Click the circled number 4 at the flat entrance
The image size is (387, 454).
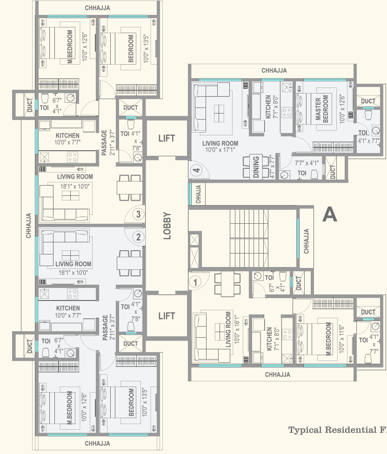(x=197, y=171)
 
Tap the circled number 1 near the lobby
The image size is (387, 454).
(x=196, y=281)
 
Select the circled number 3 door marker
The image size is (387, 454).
(x=138, y=214)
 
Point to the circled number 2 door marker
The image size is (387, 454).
(x=138, y=237)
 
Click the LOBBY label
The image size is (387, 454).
(x=167, y=226)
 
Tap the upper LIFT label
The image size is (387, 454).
(x=167, y=138)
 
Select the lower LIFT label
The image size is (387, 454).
(x=167, y=316)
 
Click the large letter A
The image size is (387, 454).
(x=329, y=214)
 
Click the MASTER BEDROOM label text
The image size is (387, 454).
(x=321, y=109)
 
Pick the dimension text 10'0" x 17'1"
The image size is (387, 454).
(x=220, y=150)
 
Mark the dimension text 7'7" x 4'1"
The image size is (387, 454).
(x=307, y=163)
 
